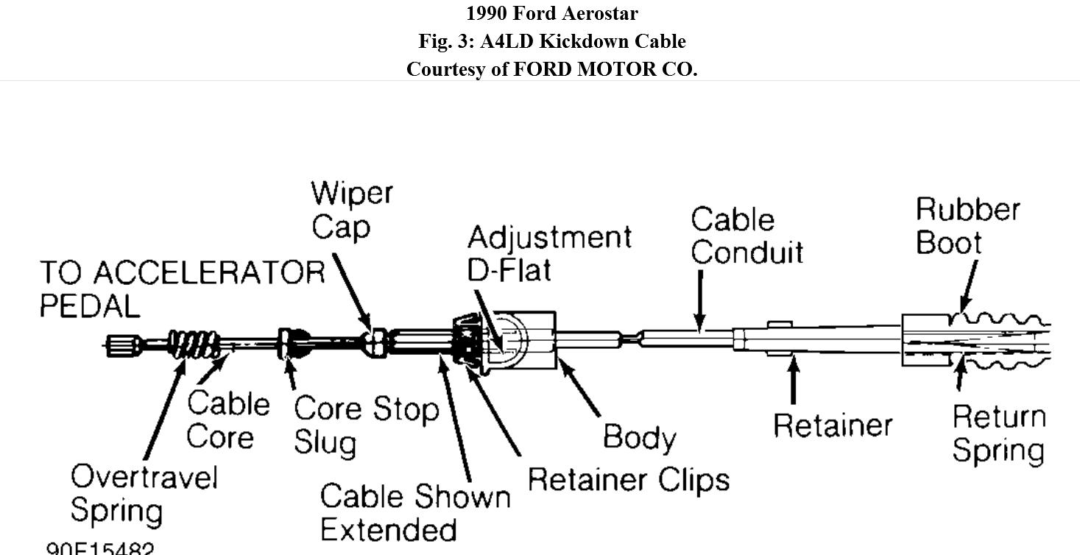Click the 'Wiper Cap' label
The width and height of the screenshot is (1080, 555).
351,210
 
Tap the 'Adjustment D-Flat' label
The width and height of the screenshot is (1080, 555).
548,253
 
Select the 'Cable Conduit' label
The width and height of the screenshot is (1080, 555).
746,236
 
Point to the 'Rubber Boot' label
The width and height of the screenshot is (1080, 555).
967,225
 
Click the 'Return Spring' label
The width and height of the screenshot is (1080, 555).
998,433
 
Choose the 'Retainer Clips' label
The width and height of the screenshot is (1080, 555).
628,480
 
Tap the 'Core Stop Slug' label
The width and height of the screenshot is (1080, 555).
365,425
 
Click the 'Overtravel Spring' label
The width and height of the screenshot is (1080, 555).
144,493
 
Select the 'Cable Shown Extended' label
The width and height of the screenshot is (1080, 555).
414,512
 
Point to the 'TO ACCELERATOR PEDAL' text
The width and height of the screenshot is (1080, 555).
181,288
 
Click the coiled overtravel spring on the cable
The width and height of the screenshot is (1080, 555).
194,344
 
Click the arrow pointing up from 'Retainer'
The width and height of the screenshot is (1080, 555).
793,379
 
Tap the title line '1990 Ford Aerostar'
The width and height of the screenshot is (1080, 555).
551,13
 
